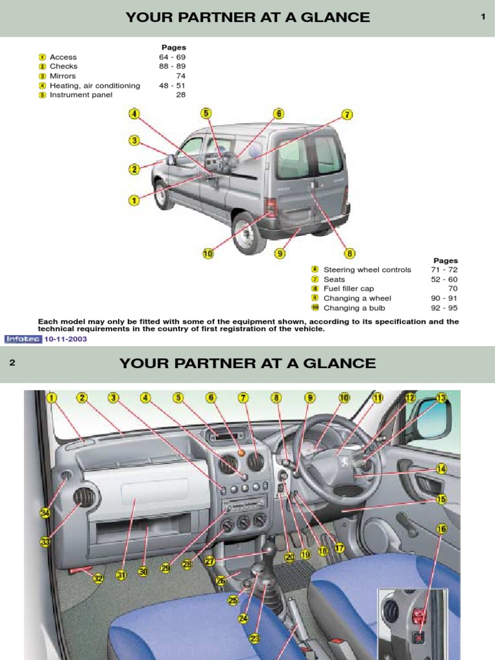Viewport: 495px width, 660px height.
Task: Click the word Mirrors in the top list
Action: pos(63,76)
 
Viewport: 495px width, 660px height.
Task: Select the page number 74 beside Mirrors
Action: pos(180,76)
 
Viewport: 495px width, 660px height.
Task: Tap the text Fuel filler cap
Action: pos(349,289)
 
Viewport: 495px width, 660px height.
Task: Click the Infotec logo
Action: pos(23,338)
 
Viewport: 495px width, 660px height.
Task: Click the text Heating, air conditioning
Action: pos(95,86)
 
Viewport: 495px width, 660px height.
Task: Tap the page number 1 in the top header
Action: pos(483,17)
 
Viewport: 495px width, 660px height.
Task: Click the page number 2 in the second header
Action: pos(12,363)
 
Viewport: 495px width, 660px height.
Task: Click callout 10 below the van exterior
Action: pos(208,254)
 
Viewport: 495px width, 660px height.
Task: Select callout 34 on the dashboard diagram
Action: pos(45,513)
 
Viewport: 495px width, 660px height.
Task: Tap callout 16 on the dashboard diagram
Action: pos(441,529)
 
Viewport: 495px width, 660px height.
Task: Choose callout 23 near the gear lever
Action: pos(255,638)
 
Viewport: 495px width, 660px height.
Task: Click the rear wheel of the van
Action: pos(249,233)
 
